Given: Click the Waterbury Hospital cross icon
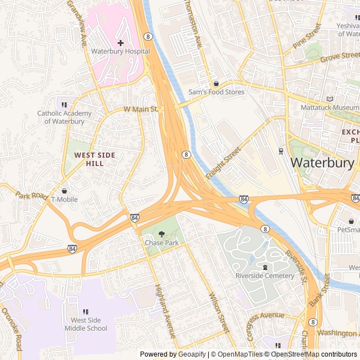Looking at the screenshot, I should tap(120, 43).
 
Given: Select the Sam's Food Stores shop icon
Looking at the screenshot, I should tap(216, 83).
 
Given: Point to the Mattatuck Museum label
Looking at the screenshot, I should tap(329, 107).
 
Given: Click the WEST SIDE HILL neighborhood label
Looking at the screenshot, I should tap(94, 159).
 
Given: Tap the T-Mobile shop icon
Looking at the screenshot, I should tap(64, 191).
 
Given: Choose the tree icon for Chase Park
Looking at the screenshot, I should tap(161, 234).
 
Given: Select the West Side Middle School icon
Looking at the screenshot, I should tap(85, 312).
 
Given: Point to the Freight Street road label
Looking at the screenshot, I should tap(223, 164).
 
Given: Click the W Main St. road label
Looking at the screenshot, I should tap(140, 109).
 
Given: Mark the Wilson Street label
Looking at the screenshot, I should tap(218, 312).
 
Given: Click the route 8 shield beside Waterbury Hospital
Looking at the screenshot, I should tap(148, 36).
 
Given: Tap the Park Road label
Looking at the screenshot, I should tap(31, 196).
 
